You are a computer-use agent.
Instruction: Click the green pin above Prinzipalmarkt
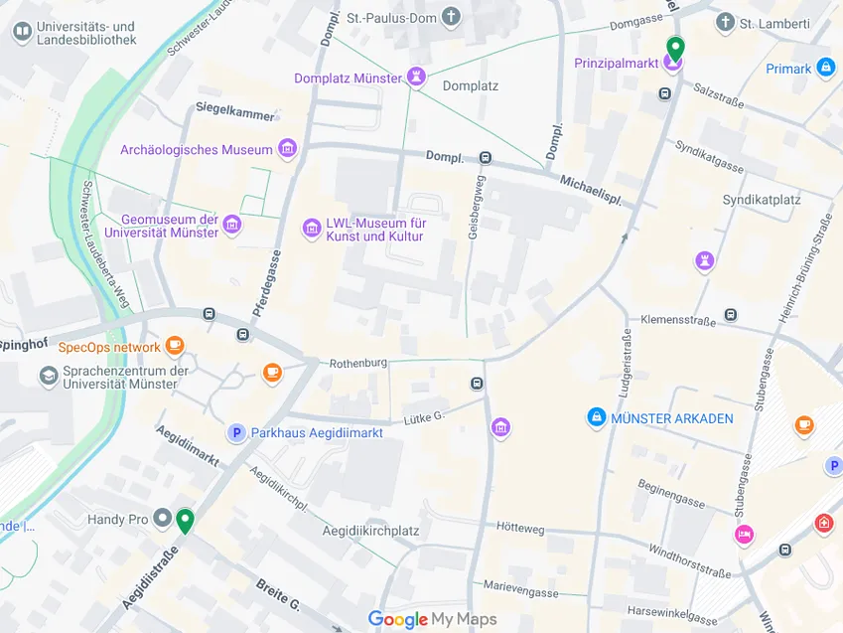pos(675,47)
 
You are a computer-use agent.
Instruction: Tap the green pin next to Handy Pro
pos(185,520)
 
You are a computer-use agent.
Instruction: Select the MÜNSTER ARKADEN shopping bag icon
pos(596,418)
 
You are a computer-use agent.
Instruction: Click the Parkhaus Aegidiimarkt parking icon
pos(236,432)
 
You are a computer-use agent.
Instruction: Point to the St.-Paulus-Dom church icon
pos(452,17)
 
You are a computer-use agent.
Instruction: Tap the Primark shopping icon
pos(826,69)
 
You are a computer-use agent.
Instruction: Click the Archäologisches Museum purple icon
pos(288,150)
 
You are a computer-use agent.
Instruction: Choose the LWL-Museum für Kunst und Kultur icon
pos(312,230)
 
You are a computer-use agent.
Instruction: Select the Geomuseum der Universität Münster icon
pos(232,226)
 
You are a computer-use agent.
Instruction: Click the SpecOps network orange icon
pos(175,347)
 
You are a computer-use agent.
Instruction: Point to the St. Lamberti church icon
pos(726,22)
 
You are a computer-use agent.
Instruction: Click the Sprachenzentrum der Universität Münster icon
pos(48,377)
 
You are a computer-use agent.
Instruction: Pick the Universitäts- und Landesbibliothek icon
pos(21,33)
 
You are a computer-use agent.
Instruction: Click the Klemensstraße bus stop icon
pos(731,315)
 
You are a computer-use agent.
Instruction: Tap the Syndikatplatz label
pos(762,200)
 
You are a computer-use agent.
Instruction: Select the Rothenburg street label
pos(357,363)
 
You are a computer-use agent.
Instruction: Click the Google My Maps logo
pos(432,620)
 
